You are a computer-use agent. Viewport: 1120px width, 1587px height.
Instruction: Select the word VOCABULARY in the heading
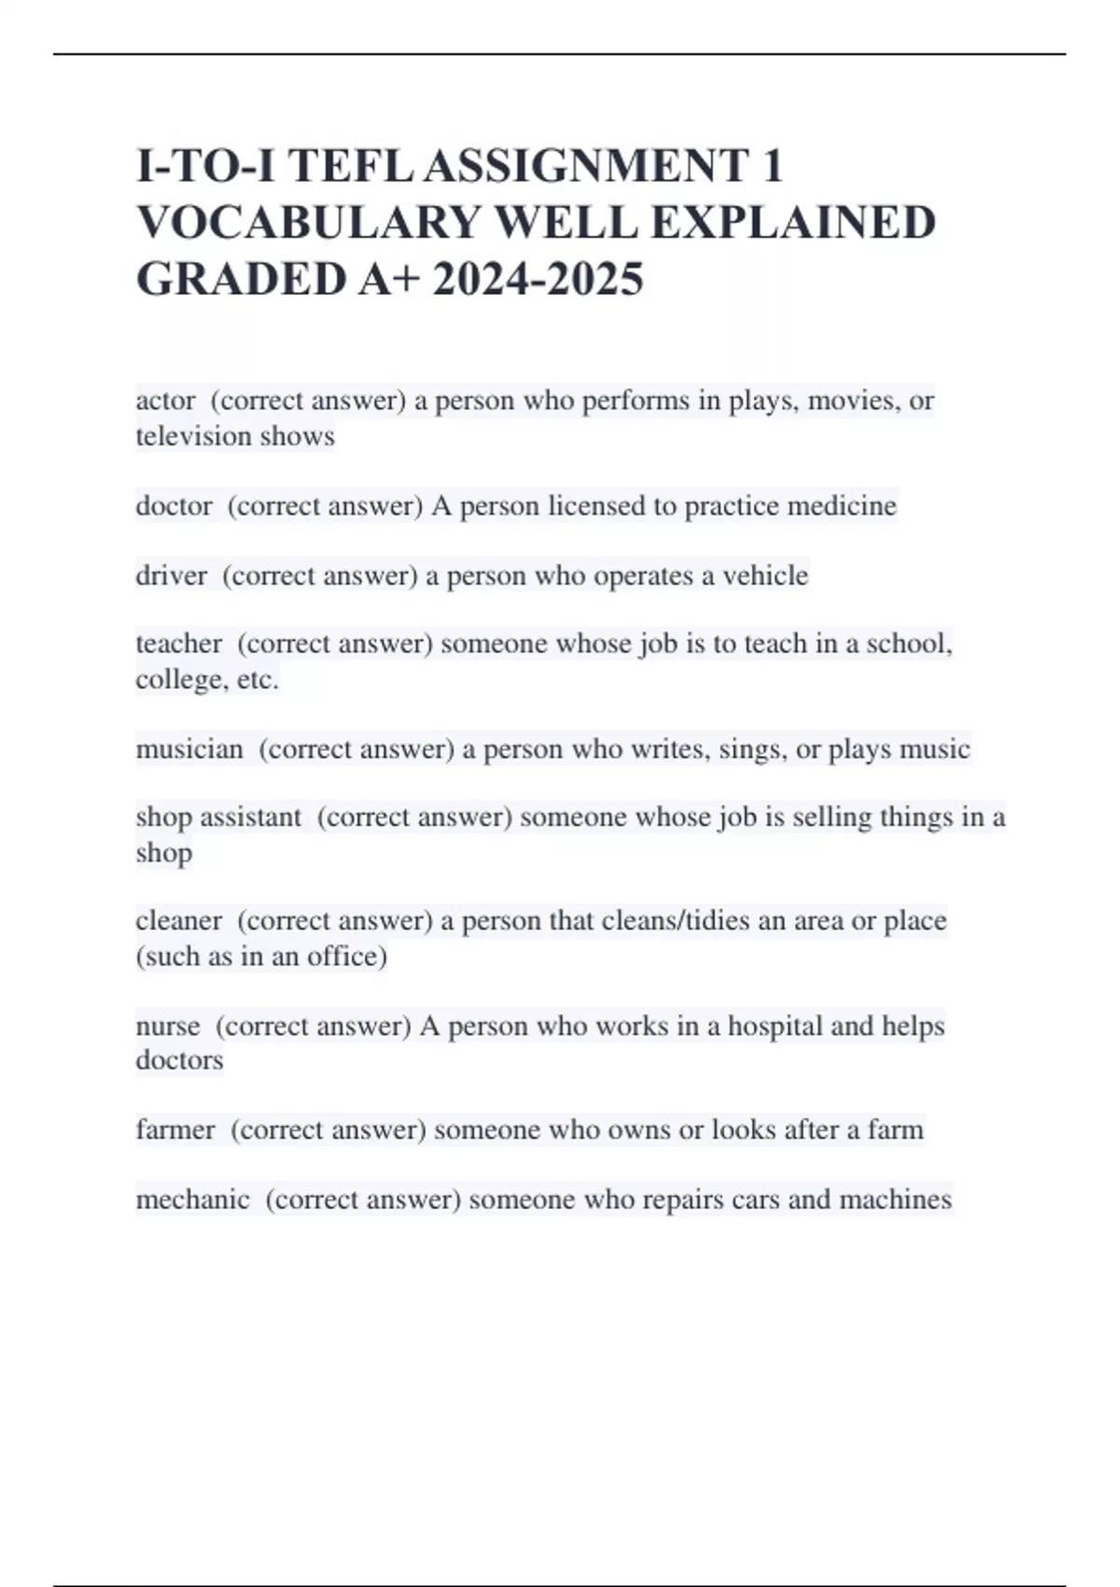307,223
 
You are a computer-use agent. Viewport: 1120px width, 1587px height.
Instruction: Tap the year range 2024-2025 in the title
538,279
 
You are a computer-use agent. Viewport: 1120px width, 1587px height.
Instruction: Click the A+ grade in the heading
385,279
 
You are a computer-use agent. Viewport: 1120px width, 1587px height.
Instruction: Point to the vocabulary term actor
165,400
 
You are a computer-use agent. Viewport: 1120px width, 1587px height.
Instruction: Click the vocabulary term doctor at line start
174,506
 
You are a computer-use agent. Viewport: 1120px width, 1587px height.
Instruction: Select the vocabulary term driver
171,575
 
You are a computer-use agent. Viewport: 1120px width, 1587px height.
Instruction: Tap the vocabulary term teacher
178,643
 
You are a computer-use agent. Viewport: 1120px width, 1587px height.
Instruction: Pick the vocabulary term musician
189,749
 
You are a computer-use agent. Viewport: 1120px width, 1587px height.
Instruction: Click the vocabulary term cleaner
178,920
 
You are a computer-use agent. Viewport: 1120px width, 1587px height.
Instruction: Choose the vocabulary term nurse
167,1026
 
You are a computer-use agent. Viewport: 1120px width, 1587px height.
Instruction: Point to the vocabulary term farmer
175,1130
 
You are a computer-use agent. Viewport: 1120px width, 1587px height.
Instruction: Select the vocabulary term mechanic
192,1199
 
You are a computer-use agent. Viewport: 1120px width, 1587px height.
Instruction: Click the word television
193,436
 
